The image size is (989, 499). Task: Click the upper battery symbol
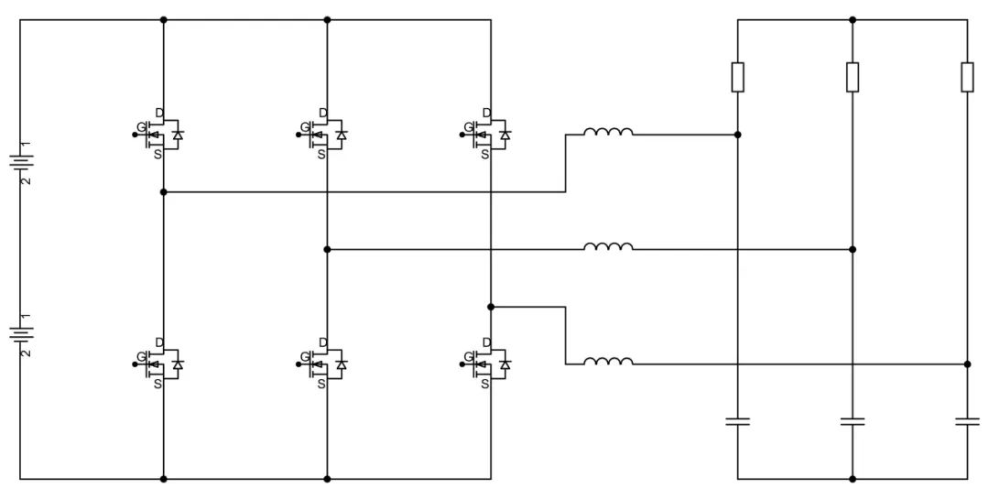click(x=20, y=163)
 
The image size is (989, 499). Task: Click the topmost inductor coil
click(x=608, y=134)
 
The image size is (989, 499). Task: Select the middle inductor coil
click(x=608, y=247)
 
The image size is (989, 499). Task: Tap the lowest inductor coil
click(x=608, y=363)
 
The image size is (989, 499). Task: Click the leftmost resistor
click(x=738, y=77)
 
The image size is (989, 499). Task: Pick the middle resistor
click(x=853, y=77)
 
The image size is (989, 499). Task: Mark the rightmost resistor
click(x=967, y=77)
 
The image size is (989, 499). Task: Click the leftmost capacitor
click(x=738, y=421)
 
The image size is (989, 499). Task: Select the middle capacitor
click(x=853, y=421)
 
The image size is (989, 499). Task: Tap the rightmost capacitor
click(x=967, y=421)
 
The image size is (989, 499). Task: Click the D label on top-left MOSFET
click(x=158, y=114)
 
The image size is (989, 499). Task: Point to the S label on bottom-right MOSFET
click(x=485, y=384)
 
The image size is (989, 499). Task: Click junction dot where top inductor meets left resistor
click(x=738, y=135)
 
